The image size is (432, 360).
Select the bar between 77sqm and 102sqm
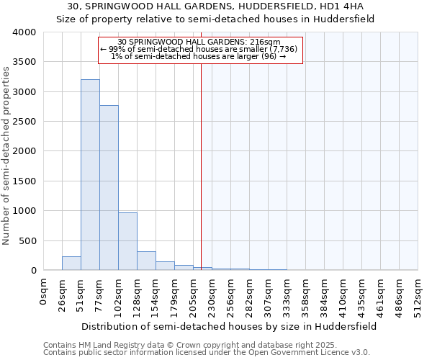[x=109, y=188]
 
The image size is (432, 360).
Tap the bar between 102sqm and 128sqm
[x=127, y=241]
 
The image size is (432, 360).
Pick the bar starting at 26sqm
[x=71, y=264]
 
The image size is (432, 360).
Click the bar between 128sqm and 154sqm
[x=146, y=261]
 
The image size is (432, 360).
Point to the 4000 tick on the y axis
[x=24, y=32]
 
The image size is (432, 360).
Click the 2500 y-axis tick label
[x=24, y=122]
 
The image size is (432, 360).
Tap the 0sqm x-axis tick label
[x=44, y=292]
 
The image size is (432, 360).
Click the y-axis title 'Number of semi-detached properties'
[x=7, y=156]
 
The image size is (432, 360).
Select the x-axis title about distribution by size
[x=229, y=326]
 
